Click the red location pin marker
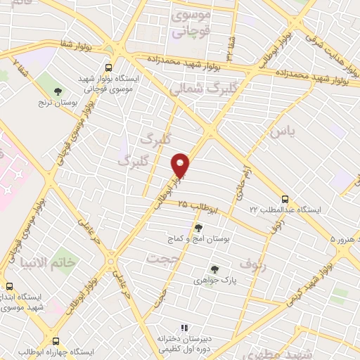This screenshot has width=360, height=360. click(181, 165)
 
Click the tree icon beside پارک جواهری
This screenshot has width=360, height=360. click(214, 269)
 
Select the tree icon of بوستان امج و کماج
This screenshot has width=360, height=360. click(199, 228)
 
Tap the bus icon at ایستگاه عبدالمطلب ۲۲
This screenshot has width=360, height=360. click(285, 199)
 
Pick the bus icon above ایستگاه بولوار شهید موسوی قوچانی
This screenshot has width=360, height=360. click(108, 68)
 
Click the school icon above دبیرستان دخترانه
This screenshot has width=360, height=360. click(184, 328)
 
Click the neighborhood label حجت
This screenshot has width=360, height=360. click(158, 258)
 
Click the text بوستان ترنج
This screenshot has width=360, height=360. click(58, 102)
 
